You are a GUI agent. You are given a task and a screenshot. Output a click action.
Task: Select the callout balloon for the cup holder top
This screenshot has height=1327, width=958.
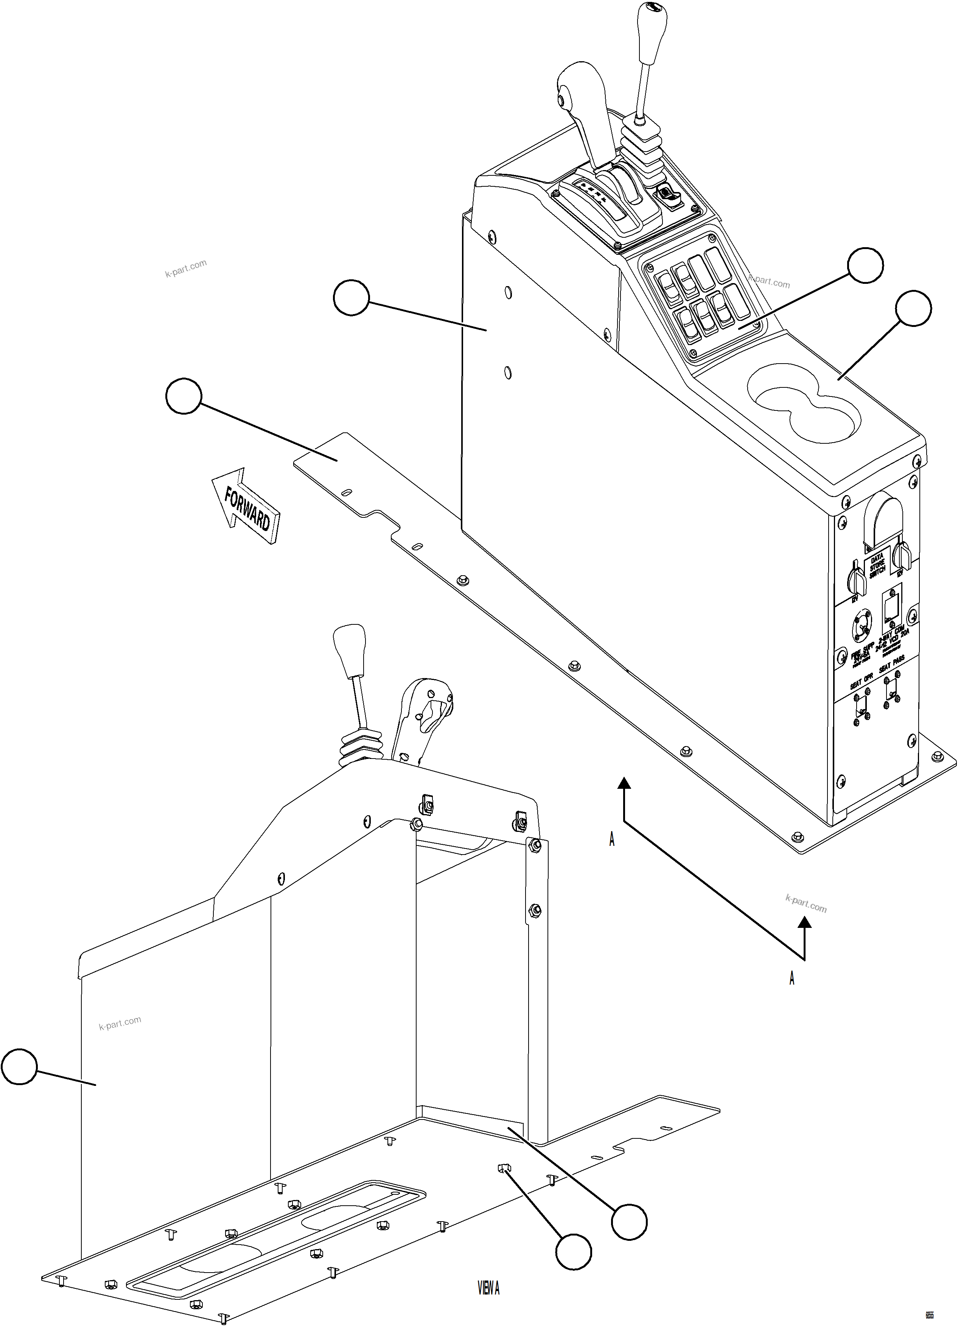click(x=913, y=308)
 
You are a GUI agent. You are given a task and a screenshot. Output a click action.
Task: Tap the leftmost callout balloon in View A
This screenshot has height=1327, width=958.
click(x=19, y=1067)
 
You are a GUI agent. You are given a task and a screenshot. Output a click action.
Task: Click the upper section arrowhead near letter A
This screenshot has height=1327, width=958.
click(x=625, y=783)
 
